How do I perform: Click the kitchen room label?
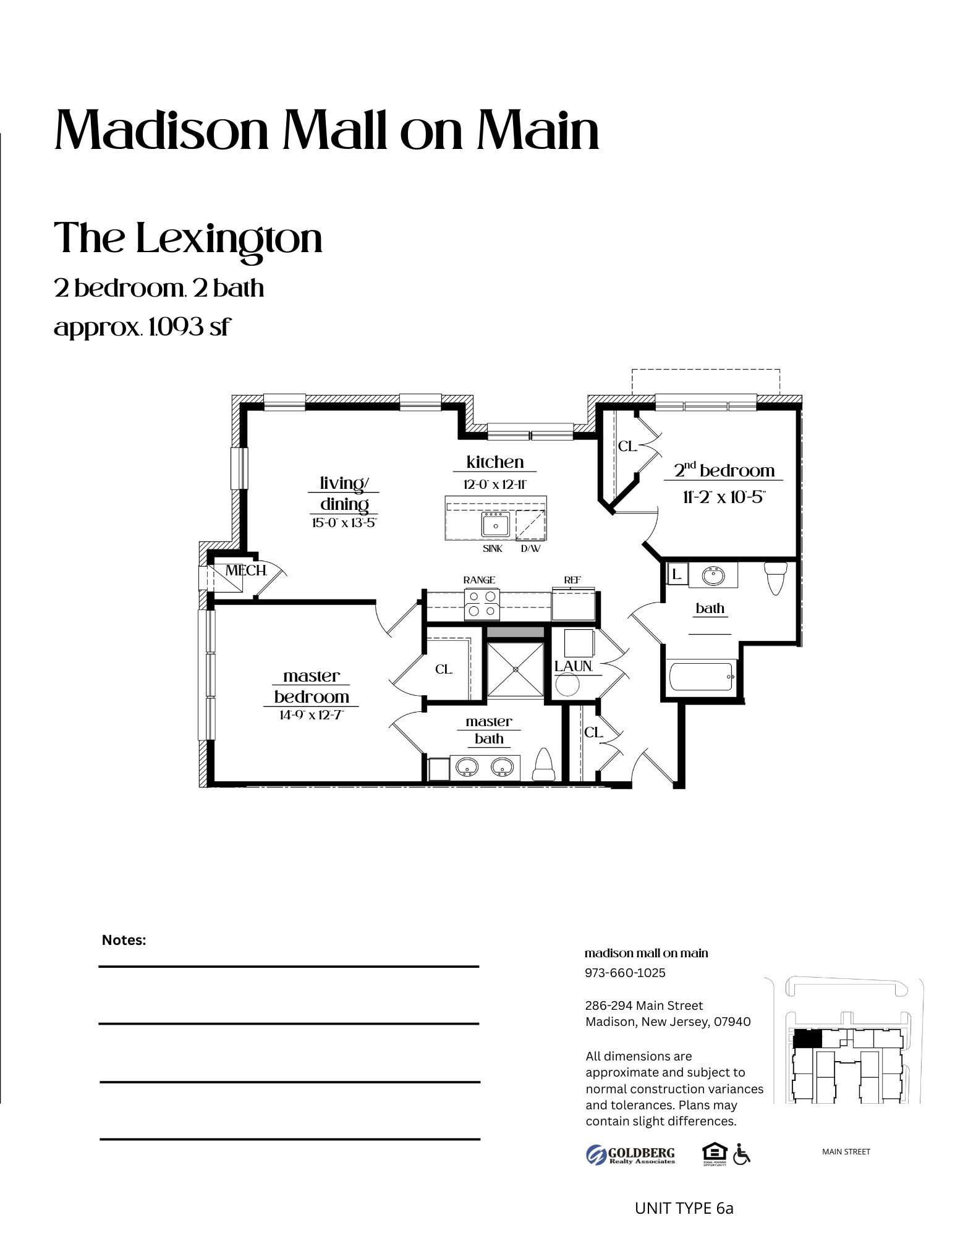[494, 462]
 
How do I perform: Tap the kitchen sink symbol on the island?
[496, 525]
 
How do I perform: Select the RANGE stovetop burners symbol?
[482, 604]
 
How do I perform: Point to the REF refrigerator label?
[572, 580]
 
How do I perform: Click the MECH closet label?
[245, 570]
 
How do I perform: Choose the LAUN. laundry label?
[573, 666]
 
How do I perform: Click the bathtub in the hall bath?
[701, 677]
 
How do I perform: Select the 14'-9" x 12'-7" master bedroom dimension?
[311, 715]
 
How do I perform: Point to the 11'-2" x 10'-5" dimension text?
[723, 497]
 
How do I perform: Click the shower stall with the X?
[515, 670]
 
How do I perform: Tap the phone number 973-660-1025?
[625, 973]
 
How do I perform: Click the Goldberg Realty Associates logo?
[630, 1154]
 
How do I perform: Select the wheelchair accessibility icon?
[741, 1154]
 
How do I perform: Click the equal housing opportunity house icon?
[714, 1153]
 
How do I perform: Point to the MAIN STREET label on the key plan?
[846, 1151]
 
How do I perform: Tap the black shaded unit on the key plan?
[807, 1039]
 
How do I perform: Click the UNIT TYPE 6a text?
[684, 1208]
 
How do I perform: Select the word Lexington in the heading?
[229, 239]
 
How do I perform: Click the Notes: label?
[124, 940]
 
